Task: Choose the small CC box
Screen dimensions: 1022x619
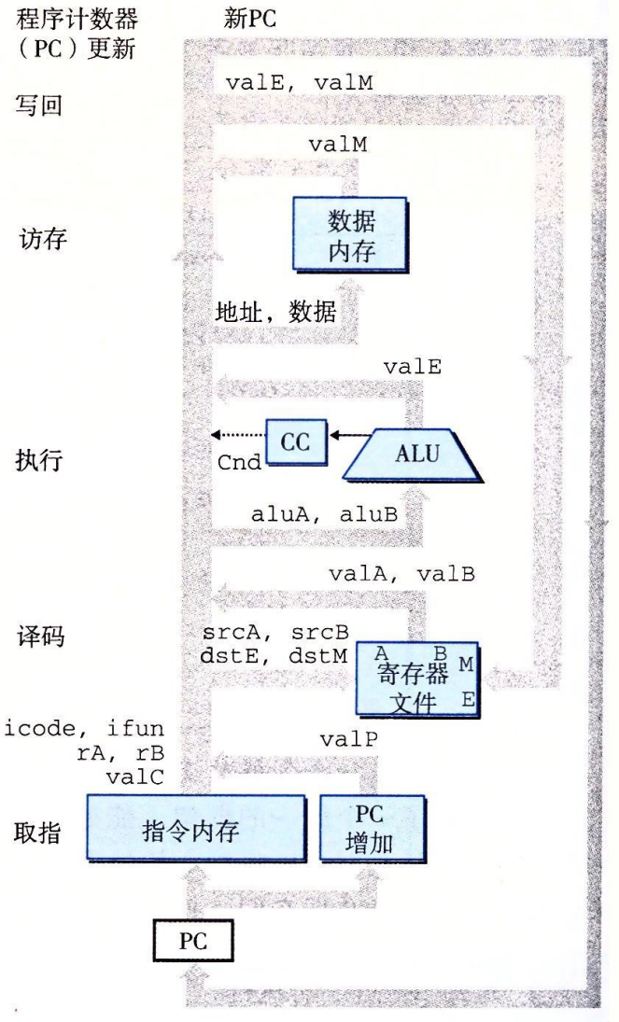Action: pos(298,442)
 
